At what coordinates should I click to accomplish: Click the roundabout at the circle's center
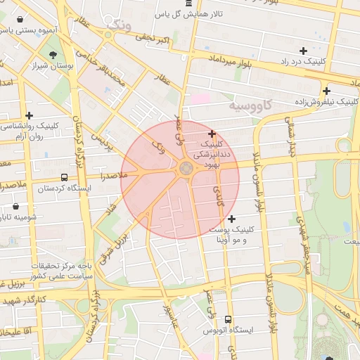(x=186, y=168)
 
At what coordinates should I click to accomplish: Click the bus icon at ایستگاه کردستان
(x=64, y=178)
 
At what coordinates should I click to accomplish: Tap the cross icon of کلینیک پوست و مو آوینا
(x=232, y=219)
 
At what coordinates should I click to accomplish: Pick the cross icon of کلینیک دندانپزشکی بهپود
(x=212, y=134)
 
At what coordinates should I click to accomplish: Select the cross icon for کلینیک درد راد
(x=303, y=51)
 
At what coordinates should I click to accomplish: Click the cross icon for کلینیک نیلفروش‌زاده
(x=326, y=91)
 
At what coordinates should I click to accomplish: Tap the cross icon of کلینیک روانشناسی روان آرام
(x=29, y=116)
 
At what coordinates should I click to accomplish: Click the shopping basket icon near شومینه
(x=16, y=207)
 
